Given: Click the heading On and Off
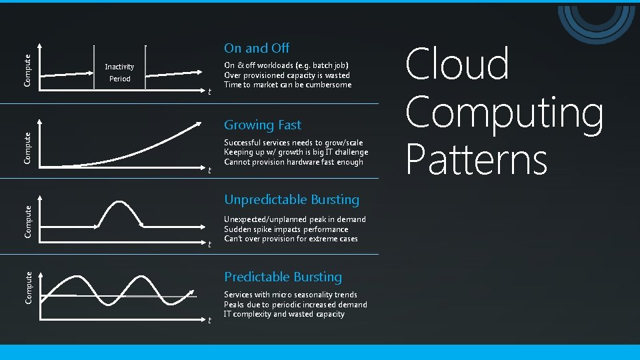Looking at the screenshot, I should click(x=257, y=48).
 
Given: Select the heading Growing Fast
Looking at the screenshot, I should click(x=263, y=125).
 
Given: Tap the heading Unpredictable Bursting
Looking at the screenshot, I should click(x=291, y=200).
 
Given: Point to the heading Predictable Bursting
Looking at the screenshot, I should click(x=283, y=277).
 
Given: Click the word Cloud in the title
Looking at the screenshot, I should click(x=457, y=65).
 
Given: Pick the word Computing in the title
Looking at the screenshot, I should click(x=505, y=113).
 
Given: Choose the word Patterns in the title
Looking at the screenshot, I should click(x=476, y=160).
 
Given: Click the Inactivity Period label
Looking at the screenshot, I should click(x=119, y=73).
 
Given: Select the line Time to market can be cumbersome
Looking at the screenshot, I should click(x=287, y=85).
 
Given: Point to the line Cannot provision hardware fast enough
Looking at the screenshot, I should click(x=293, y=162).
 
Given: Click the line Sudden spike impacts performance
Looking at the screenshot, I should click(x=286, y=229).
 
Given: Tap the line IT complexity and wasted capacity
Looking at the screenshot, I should click(x=284, y=314).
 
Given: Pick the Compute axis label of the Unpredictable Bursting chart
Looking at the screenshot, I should click(x=27, y=221).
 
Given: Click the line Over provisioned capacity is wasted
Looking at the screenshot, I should click(x=287, y=75).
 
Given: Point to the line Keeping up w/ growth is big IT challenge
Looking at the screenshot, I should click(x=296, y=153).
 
